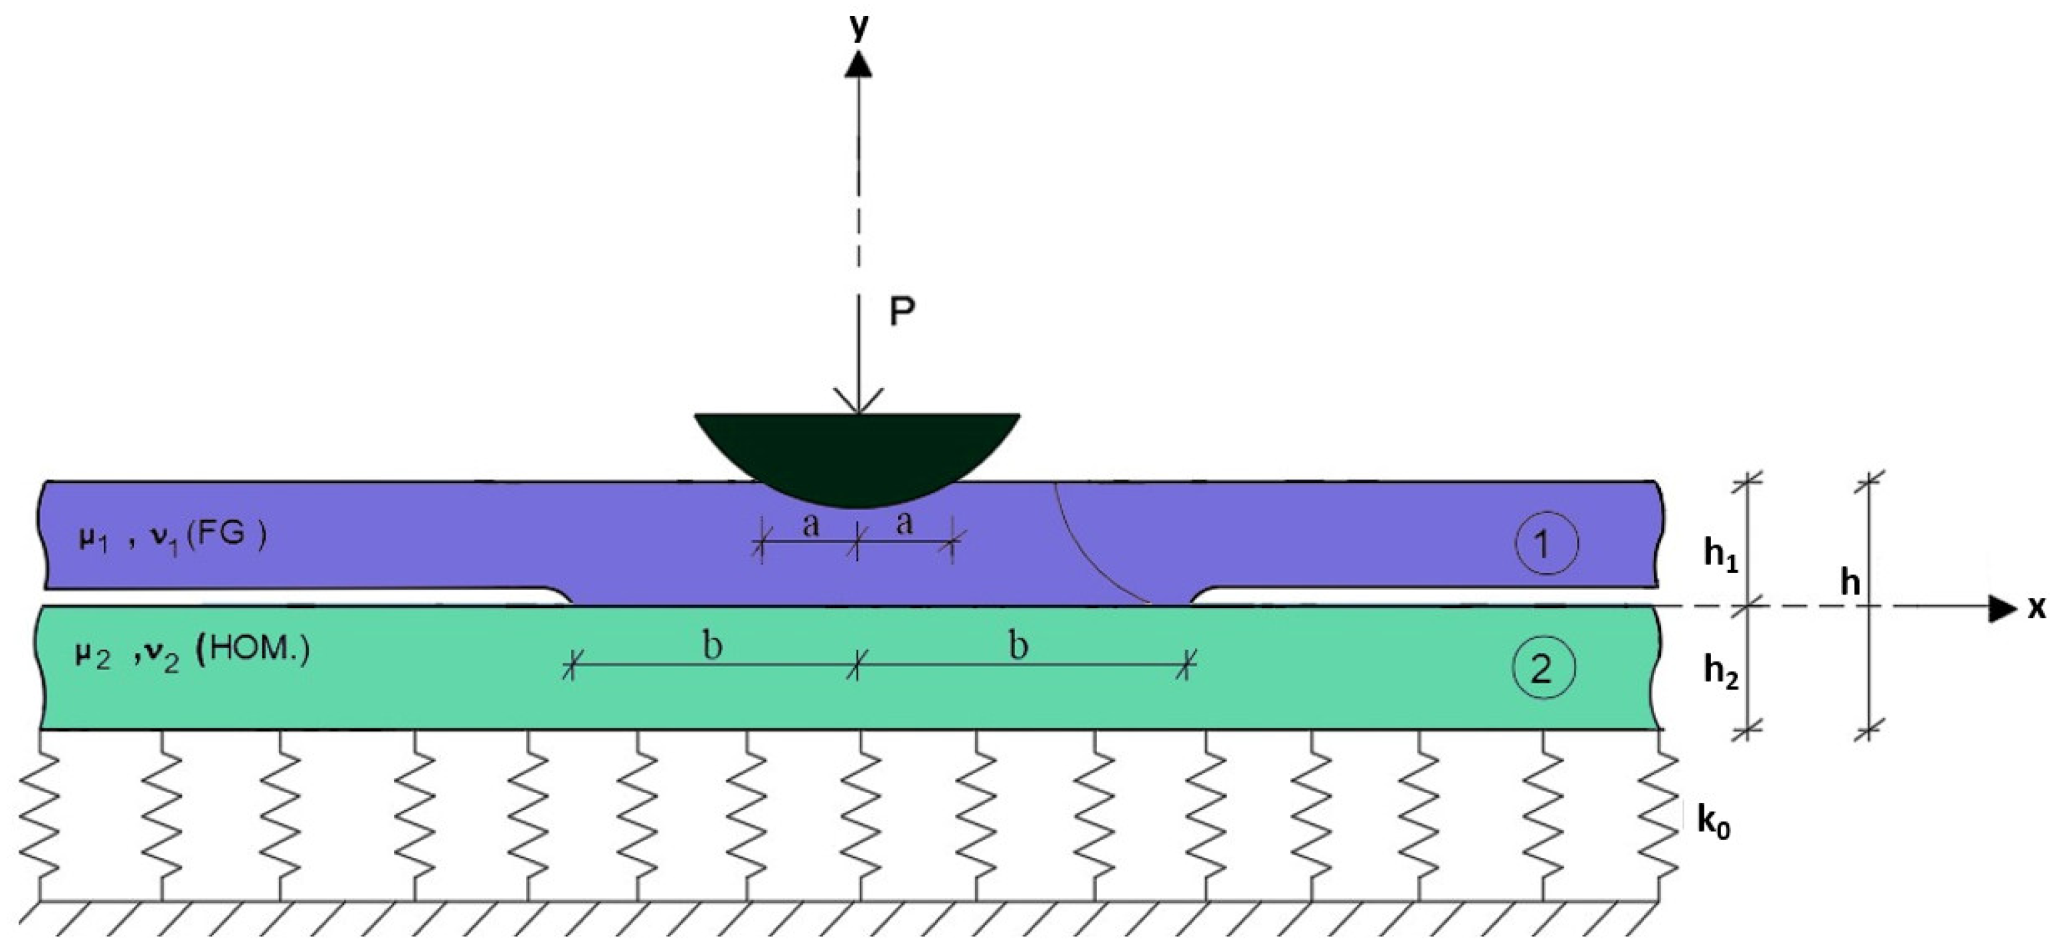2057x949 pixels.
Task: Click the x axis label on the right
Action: [2037, 608]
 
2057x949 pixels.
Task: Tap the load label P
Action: [901, 312]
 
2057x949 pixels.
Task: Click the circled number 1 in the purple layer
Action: [1546, 544]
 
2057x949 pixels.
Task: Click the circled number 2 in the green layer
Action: [1543, 669]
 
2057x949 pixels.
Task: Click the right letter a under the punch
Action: [904, 524]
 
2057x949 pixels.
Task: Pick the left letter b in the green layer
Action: [712, 645]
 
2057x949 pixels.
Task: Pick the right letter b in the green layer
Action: [1017, 645]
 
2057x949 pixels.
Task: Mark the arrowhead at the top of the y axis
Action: [859, 64]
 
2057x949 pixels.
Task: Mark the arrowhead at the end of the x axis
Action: [2002, 608]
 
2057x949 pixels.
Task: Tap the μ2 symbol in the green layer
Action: [92, 657]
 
